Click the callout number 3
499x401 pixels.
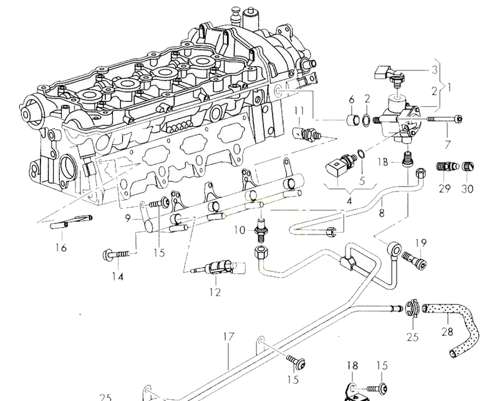point(435,70)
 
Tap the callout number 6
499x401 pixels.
point(352,100)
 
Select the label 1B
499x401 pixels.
point(384,162)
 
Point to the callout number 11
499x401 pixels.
point(299,111)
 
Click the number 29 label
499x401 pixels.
point(445,188)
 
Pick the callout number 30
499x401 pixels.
point(467,188)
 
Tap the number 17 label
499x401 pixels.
point(228,336)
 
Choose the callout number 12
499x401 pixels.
point(215,292)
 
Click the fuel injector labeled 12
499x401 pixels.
point(218,268)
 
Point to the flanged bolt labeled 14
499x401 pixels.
point(117,254)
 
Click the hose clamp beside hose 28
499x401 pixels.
point(412,307)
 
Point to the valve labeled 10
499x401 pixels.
point(261,229)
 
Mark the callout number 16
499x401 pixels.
point(61,248)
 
